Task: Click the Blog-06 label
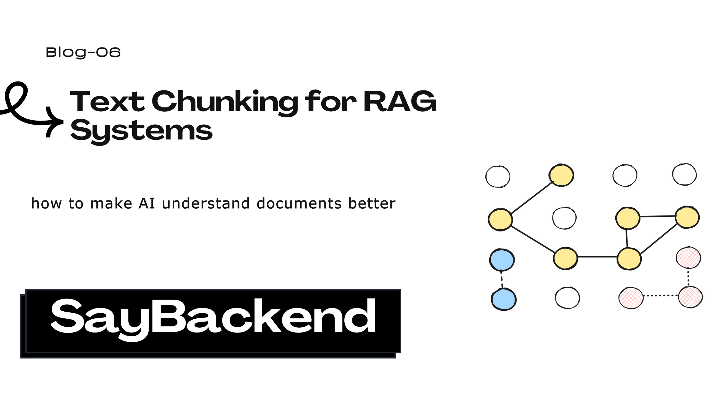83,53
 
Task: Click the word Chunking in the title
225,102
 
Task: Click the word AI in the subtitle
147,204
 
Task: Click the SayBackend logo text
213,317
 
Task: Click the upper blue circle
502,260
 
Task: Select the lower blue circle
504,299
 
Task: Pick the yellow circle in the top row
561,175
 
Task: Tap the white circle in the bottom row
567,298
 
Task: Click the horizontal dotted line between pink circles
661,296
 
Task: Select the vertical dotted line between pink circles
688,277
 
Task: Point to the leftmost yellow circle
500,220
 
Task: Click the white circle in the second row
564,218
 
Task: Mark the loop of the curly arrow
16,96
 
